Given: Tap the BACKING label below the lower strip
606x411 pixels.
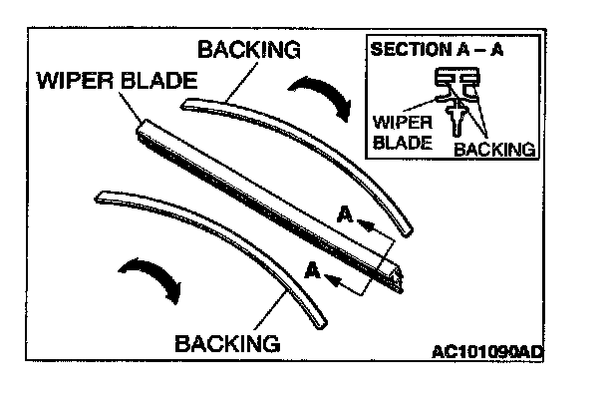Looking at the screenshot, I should [225, 343].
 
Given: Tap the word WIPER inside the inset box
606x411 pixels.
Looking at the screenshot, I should [401, 123].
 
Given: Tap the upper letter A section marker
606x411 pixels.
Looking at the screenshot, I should [344, 214].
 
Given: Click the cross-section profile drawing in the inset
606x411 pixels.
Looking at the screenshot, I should [454, 95].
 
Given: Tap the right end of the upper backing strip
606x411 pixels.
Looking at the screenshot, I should [406, 230].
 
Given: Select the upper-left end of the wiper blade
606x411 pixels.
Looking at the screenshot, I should [141, 127].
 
